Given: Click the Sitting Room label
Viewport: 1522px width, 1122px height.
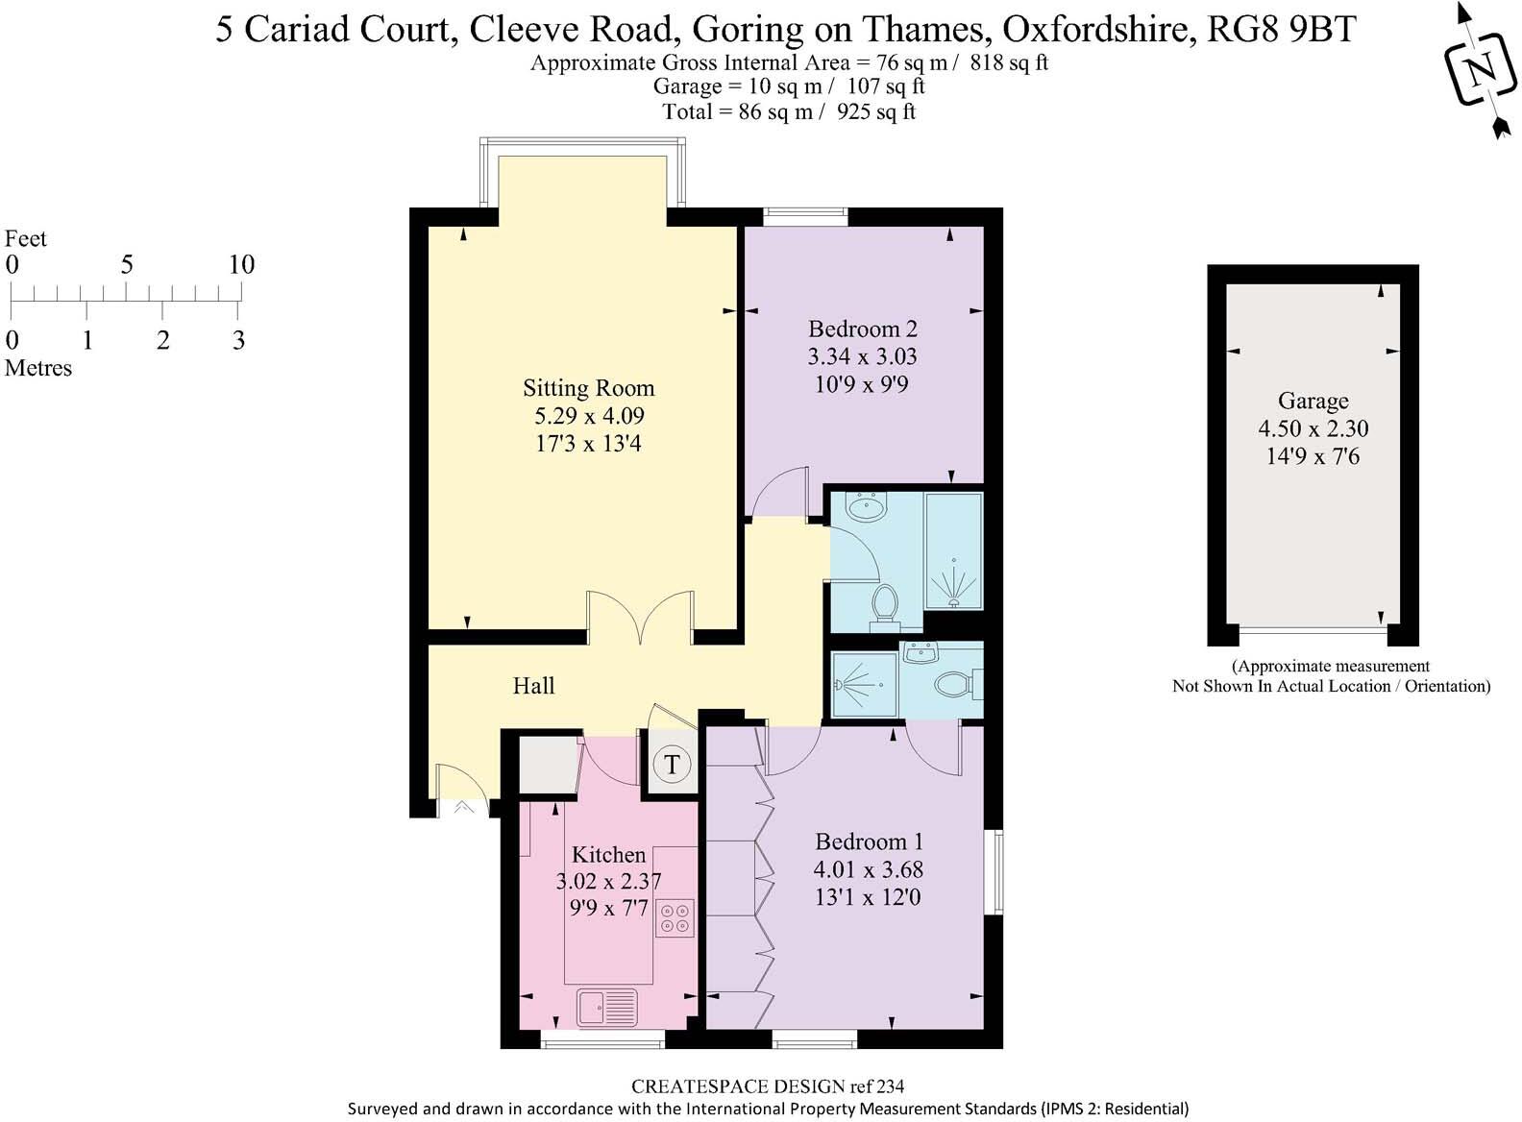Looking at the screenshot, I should [x=588, y=388].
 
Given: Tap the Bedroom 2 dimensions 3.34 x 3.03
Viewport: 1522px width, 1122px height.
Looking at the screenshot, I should [x=862, y=356].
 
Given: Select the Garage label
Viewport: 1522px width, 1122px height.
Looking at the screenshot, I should [x=1313, y=401].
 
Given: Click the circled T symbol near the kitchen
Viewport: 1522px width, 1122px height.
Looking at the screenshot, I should [x=672, y=765].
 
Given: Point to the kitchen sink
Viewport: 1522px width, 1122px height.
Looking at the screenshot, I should [x=607, y=1008].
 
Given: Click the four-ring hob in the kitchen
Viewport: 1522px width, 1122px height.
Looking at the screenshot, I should [x=675, y=917].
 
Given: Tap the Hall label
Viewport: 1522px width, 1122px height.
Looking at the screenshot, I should [x=533, y=686].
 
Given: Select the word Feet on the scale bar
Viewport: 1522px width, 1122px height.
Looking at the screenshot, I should [x=26, y=238].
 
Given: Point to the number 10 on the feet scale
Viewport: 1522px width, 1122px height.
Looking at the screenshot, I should [x=241, y=264].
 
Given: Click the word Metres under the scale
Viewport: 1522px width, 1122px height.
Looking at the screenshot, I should [x=38, y=368].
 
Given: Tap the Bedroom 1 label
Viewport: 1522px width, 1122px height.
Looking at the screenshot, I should [x=869, y=841].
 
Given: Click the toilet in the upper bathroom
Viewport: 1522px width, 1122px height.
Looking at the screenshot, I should [x=885, y=604].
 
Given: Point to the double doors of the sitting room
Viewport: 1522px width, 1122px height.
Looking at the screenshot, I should [x=641, y=619].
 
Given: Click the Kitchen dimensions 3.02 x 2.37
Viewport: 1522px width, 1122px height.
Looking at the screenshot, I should [x=608, y=881].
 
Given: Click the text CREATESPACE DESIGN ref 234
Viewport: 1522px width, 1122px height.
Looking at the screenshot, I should [x=767, y=1086].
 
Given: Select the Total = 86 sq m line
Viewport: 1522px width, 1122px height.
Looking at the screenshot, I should [x=789, y=111].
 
